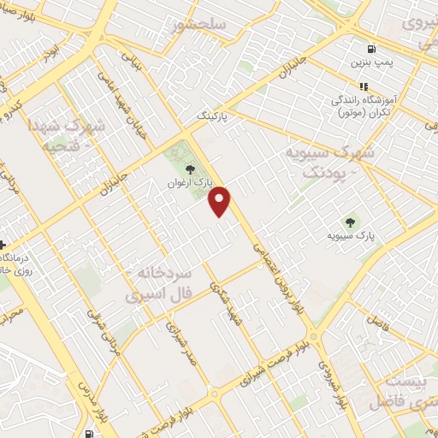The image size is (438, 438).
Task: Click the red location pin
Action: click(220, 200)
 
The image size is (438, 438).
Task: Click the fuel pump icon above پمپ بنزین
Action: click(370, 50)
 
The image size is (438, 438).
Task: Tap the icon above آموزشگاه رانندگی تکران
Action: click(364, 86)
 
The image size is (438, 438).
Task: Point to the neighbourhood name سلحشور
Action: click(198, 26)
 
